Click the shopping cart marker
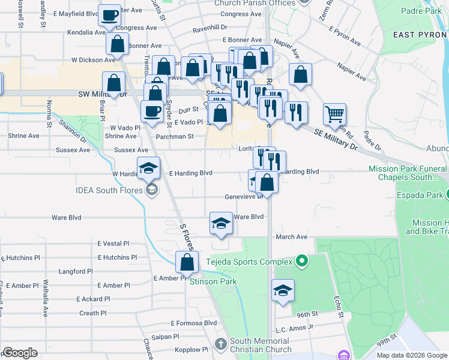(x=334, y=113)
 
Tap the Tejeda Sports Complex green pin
(x=301, y=261)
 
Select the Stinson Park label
(x=213, y=281)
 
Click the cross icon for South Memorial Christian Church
(x=220, y=344)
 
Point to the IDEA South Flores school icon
(x=152, y=190)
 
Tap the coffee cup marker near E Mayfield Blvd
(x=110, y=16)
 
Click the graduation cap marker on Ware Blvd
(x=221, y=224)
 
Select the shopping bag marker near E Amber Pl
(x=187, y=261)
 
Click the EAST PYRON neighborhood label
(x=420, y=35)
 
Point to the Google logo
(x=20, y=353)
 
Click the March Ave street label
(x=291, y=237)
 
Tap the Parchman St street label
(x=174, y=136)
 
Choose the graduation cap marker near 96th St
(x=283, y=291)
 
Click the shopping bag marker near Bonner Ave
(x=118, y=44)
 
